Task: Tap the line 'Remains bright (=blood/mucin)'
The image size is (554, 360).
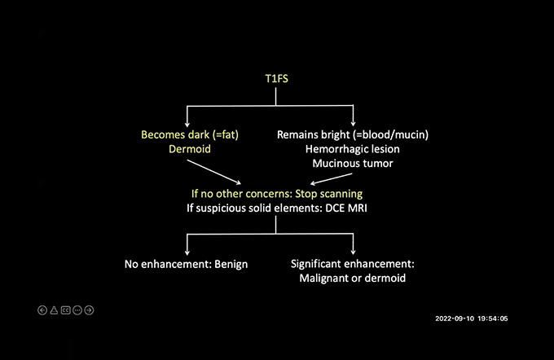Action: click(353, 134)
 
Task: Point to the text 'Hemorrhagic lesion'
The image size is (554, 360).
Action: click(353, 150)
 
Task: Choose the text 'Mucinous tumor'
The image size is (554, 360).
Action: click(353, 165)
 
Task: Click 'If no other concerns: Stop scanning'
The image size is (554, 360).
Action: click(276, 195)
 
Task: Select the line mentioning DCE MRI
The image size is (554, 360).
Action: click(276, 209)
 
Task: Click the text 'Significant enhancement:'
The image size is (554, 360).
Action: click(353, 264)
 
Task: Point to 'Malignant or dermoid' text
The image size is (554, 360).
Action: click(353, 279)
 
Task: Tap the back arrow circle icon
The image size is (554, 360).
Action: click(42, 310)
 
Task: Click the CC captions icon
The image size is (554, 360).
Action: click(65, 310)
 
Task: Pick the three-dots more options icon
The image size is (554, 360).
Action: click(77, 310)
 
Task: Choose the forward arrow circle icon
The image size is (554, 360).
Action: click(89, 310)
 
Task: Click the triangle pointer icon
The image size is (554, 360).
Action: click(54, 310)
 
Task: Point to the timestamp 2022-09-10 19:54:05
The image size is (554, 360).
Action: click(472, 318)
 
